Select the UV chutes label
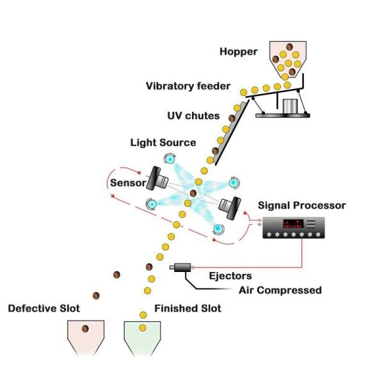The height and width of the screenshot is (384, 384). click(x=193, y=116)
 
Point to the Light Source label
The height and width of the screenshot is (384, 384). click(x=163, y=141)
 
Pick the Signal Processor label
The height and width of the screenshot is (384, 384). click(x=301, y=205)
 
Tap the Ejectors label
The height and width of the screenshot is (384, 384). click(x=231, y=276)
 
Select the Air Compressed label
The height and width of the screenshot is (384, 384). click(x=280, y=290)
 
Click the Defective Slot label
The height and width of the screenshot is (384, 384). click(x=44, y=308)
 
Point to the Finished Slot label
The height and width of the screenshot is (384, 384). click(x=188, y=308)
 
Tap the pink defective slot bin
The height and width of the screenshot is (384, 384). click(x=86, y=337)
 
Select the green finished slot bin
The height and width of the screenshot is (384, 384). click(x=142, y=337)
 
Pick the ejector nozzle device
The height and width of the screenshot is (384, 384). click(x=180, y=267)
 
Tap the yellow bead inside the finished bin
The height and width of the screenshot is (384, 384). click(x=143, y=328)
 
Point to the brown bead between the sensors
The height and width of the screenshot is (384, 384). click(x=193, y=193)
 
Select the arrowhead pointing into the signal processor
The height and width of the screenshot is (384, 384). click(x=258, y=224)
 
